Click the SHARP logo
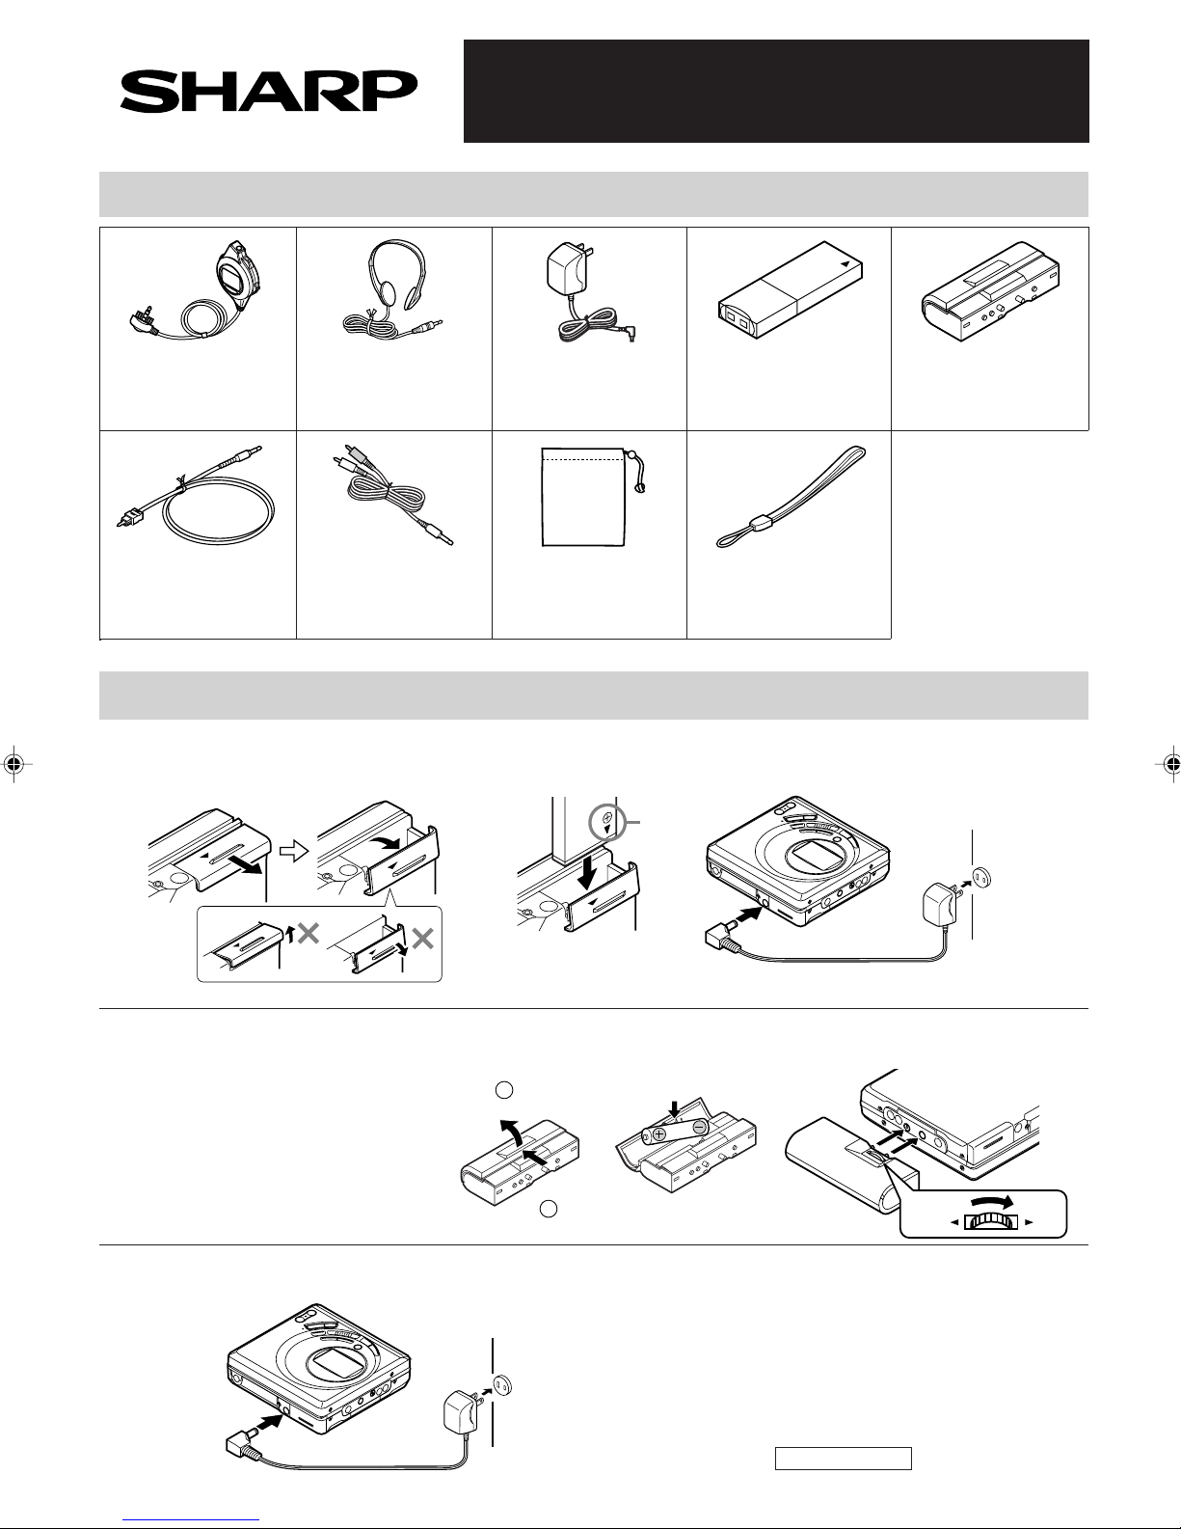pyautogui.click(x=269, y=91)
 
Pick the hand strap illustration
pyautogui.click(x=791, y=496)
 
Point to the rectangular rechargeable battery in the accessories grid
pyautogui.click(x=791, y=290)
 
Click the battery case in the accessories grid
pyautogui.click(x=990, y=290)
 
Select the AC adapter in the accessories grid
pyautogui.click(x=589, y=292)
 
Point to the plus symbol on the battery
pyautogui.click(x=658, y=1133)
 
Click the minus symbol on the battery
pyautogui.click(x=700, y=1128)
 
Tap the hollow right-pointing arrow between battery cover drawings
pyautogui.click(x=294, y=852)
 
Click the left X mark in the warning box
pyautogui.click(x=308, y=934)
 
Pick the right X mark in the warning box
pyautogui.click(x=422, y=939)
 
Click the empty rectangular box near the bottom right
pyautogui.click(x=843, y=1459)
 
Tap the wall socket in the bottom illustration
pyautogui.click(x=502, y=1385)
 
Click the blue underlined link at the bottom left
pyautogui.click(x=191, y=1520)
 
